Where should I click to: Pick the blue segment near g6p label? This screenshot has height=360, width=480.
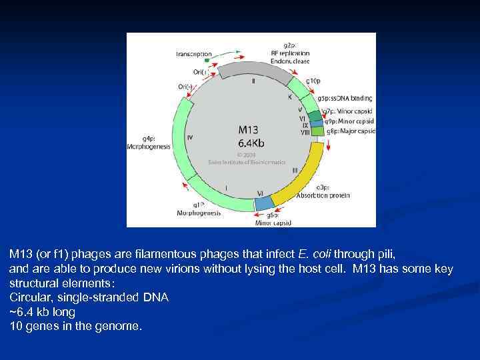[265, 201]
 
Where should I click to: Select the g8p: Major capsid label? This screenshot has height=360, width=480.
[350, 131]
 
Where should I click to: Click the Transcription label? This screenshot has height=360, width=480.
[194, 53]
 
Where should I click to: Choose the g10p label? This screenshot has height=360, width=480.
[313, 81]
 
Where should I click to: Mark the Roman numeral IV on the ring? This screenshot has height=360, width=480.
[190, 137]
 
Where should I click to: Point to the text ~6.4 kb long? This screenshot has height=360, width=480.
[43, 312]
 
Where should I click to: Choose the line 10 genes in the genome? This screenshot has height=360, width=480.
[75, 327]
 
